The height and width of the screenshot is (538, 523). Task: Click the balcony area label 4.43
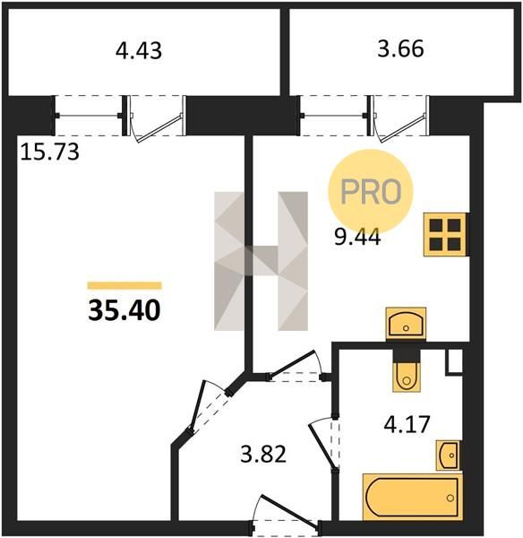coord(139,51)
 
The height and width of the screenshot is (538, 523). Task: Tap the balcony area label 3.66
coord(400,48)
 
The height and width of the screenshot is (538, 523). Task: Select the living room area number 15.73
coord(50,152)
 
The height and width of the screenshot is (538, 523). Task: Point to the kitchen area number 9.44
coord(357,238)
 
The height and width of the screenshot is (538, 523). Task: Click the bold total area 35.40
coord(124,310)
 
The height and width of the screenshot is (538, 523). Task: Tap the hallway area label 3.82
coord(263,455)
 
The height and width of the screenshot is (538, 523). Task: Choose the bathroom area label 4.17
coord(407,424)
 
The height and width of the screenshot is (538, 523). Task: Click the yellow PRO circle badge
coord(371,191)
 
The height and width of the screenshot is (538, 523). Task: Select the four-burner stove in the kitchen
coord(445,235)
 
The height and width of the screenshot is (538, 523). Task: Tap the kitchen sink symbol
coord(406,324)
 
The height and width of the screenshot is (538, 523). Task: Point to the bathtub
coord(413,497)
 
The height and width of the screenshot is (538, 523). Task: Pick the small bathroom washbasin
coord(449,456)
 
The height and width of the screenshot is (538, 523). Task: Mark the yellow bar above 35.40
coord(124,285)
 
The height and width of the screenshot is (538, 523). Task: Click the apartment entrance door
coord(285,514)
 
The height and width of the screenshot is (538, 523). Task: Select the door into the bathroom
coord(324,445)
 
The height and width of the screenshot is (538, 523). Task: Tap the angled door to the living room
coord(209,406)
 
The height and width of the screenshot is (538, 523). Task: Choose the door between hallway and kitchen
coord(296,366)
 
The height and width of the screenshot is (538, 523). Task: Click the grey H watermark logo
coord(261,261)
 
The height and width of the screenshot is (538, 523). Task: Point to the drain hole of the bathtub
coord(450,498)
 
